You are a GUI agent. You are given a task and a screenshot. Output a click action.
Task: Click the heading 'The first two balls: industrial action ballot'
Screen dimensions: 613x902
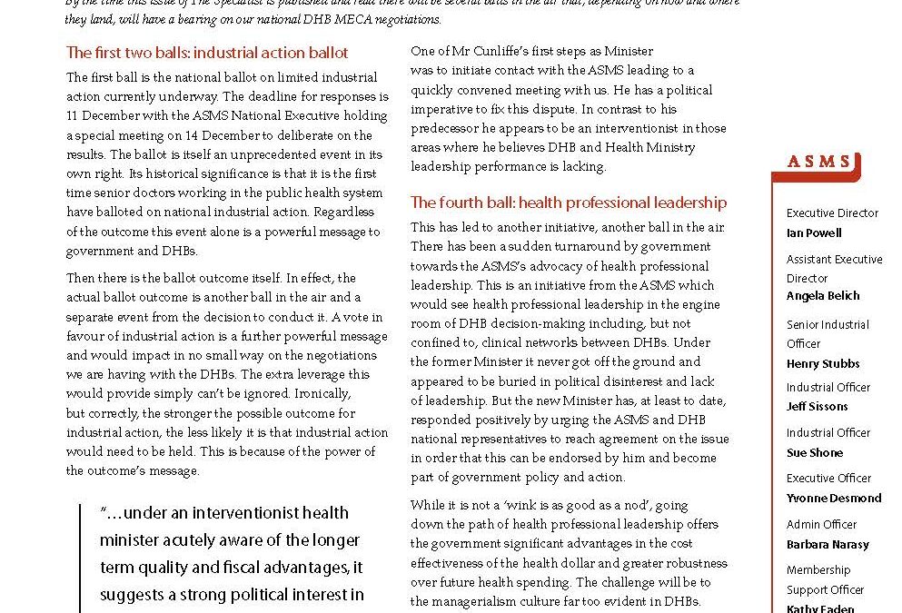(207, 54)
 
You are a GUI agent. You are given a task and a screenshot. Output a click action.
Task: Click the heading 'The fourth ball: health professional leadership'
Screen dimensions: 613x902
(569, 203)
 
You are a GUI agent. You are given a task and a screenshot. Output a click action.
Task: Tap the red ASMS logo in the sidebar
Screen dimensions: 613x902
(819, 163)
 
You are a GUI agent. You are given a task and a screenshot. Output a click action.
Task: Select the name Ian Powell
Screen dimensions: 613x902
(814, 232)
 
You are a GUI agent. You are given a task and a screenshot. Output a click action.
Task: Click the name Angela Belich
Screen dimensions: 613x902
(823, 296)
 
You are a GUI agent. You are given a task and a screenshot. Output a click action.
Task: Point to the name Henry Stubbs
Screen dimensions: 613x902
(823, 363)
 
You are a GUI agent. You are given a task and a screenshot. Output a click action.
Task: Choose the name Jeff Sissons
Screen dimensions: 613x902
(817, 407)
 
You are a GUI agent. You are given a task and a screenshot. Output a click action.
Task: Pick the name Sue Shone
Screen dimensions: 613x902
(815, 452)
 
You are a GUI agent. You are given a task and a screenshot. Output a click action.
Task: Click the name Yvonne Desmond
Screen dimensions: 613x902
(834, 498)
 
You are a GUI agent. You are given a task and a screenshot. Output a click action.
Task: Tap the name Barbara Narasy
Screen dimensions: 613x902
(828, 544)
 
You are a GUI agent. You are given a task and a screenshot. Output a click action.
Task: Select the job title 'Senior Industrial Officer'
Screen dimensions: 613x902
(828, 333)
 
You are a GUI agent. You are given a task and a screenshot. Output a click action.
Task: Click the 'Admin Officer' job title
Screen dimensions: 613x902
(822, 524)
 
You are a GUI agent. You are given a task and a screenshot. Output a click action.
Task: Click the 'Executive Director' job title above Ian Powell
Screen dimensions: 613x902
(832, 213)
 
